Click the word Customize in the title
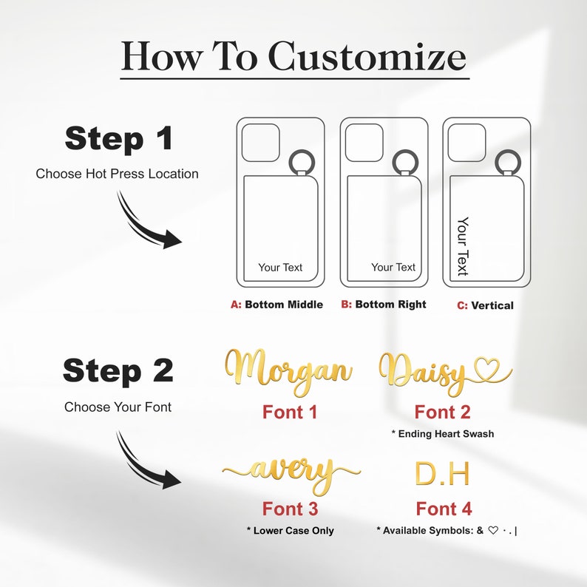coord(367,56)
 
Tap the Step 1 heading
coord(119,138)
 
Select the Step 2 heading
coord(118,370)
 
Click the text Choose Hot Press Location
coord(117,174)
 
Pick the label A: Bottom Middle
coord(276,305)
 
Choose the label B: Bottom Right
coord(384,305)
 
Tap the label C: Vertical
coord(485,305)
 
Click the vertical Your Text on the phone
coord(463,246)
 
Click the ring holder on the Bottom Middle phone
coord(302,162)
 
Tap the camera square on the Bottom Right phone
coord(364,143)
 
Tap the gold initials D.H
coord(442,474)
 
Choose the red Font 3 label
coord(290,509)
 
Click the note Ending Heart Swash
coord(443,433)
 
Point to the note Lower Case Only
coord(290,531)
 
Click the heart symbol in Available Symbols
coord(493,531)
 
